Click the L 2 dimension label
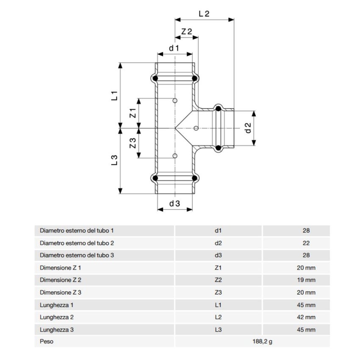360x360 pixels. click(204, 14)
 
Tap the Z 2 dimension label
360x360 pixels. click(187, 32)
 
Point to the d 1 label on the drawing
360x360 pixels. click(174, 48)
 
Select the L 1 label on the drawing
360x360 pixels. click(114, 96)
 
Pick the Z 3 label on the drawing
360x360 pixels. click(133, 143)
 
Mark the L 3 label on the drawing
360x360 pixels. click(114, 160)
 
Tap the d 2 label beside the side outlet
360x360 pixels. click(248, 127)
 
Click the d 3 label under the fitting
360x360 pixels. click(174, 204)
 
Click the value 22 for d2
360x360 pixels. click(306, 243)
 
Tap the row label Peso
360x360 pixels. click(47, 341)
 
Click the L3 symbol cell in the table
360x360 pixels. click(218, 329)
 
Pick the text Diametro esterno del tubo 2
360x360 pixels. click(77, 243)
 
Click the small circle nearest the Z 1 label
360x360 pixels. click(175, 101)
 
